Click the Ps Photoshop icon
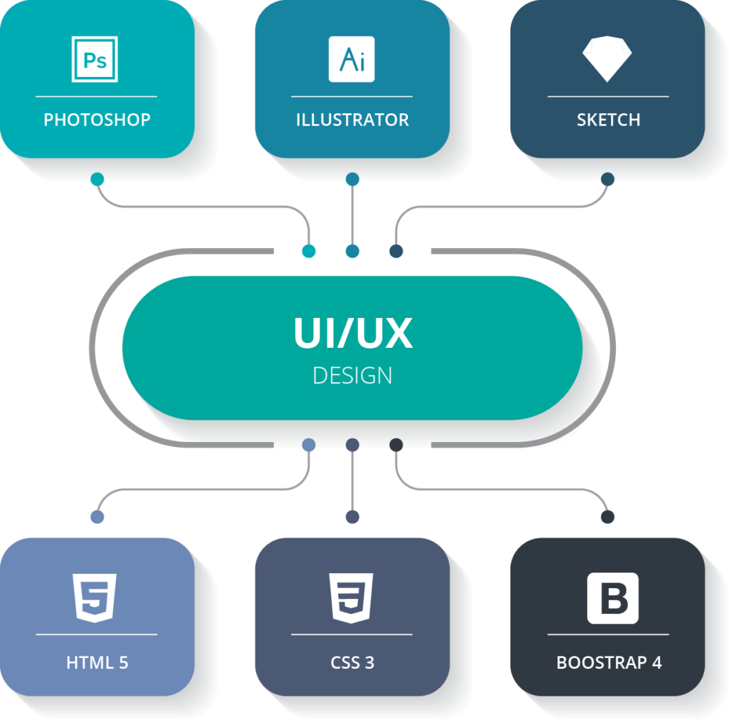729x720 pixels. (95, 59)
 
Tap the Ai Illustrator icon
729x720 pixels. (352, 59)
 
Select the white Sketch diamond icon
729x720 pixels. (607, 58)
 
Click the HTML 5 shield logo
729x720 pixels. (95, 598)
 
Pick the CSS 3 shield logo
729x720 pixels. (352, 598)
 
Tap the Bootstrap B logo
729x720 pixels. (612, 598)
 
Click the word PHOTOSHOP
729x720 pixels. (97, 120)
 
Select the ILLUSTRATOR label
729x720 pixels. (352, 120)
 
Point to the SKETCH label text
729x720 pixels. (608, 120)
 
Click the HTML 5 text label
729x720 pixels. (97, 662)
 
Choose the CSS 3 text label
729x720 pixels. (352, 662)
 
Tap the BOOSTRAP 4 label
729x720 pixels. (609, 662)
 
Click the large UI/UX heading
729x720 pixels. (353, 333)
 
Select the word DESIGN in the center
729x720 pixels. (352, 375)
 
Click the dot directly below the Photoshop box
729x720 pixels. (98, 178)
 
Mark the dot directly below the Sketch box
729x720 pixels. (607, 178)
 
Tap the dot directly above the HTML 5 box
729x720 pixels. (98, 516)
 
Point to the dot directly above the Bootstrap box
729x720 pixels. (607, 516)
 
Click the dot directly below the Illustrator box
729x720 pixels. (352, 178)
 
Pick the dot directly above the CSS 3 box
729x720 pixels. (352, 516)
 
